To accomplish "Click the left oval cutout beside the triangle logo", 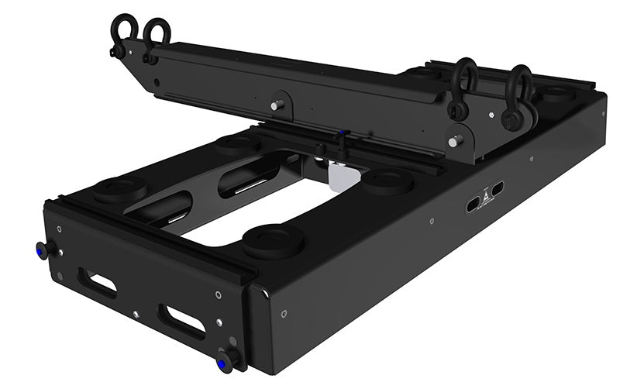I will [472, 203].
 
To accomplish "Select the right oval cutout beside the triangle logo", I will [497, 188].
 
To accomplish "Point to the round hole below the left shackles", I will [157, 81].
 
